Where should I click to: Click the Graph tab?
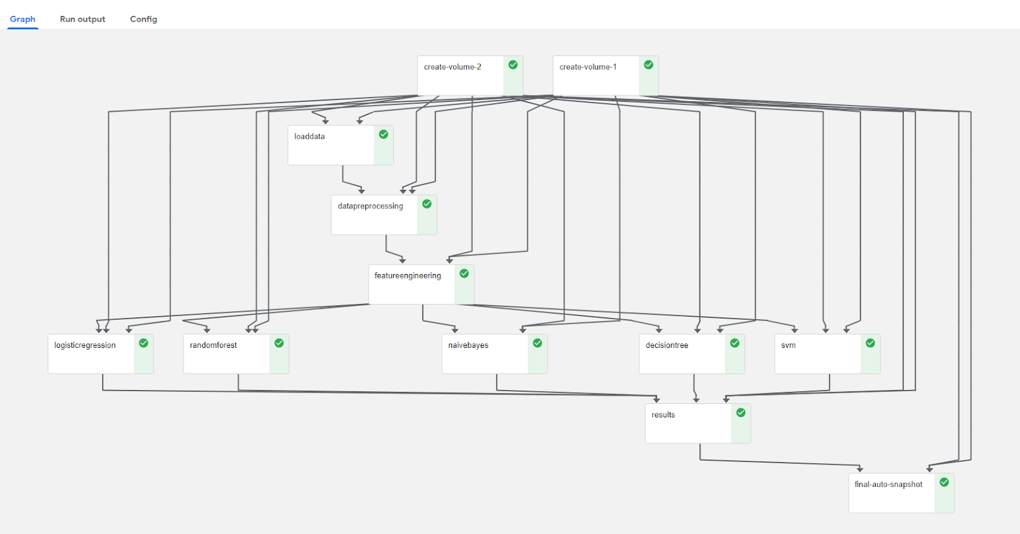(22, 19)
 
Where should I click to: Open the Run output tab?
(82, 19)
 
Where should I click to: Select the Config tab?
(143, 19)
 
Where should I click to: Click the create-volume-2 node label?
(453, 67)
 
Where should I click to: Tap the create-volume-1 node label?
(588, 67)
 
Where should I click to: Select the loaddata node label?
(309, 136)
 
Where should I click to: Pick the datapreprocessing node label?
(370, 206)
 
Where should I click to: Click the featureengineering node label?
(407, 275)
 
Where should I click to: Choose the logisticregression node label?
(85, 345)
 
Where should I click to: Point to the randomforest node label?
(213, 345)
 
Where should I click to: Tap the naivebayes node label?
(468, 345)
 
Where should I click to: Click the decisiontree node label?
(667, 345)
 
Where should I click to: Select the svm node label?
(788, 345)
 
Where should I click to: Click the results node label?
(663, 415)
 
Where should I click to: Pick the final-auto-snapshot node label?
(888, 484)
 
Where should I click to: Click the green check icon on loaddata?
(384, 134)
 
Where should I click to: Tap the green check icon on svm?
(870, 343)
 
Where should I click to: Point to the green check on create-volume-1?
(648, 65)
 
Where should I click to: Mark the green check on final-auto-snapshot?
(944, 482)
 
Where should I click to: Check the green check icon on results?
(741, 413)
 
